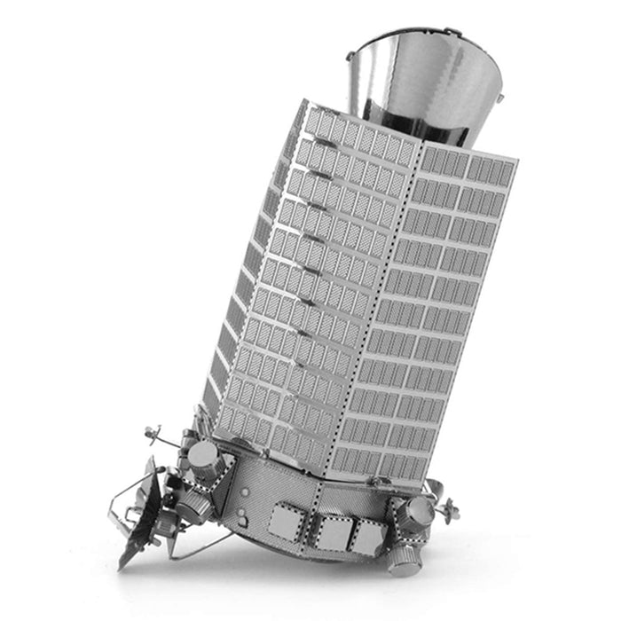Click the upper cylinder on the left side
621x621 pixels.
pyautogui.click(x=205, y=457)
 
